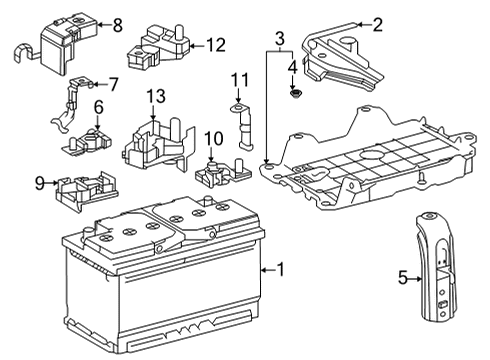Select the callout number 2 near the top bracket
[x=377, y=25]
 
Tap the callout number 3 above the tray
[x=281, y=37]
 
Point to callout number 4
[x=292, y=68]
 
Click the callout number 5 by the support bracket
[x=402, y=278]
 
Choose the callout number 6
[x=98, y=106]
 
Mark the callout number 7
[x=112, y=84]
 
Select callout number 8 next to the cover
[x=117, y=25]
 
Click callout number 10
[x=211, y=137]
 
